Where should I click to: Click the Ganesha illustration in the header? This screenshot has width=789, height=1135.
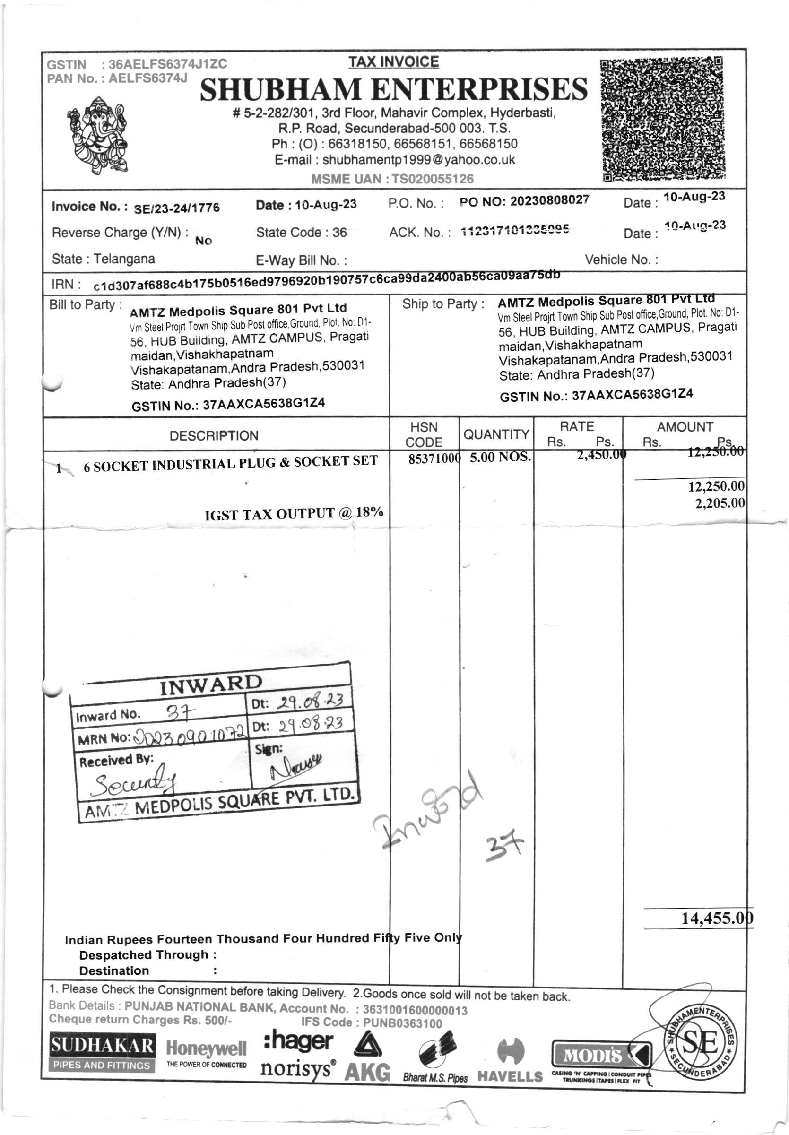pos(97,134)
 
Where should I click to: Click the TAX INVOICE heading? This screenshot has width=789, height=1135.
pos(393,62)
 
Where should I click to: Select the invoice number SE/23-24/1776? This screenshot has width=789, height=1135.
pos(176,208)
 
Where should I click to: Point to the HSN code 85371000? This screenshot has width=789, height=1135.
pos(434,459)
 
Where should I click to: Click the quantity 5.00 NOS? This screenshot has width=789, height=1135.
pos(500,457)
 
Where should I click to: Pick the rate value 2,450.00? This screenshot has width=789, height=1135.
pos(601,455)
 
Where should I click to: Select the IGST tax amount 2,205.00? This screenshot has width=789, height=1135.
pos(720,503)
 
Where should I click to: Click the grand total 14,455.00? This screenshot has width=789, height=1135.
pos(717,918)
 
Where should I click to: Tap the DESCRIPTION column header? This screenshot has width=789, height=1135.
pos(214,435)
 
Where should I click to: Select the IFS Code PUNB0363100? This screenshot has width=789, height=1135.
pos(402,1023)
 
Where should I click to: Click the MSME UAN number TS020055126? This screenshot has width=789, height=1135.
pos(433,179)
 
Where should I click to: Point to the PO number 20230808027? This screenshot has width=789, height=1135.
pos(549,200)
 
